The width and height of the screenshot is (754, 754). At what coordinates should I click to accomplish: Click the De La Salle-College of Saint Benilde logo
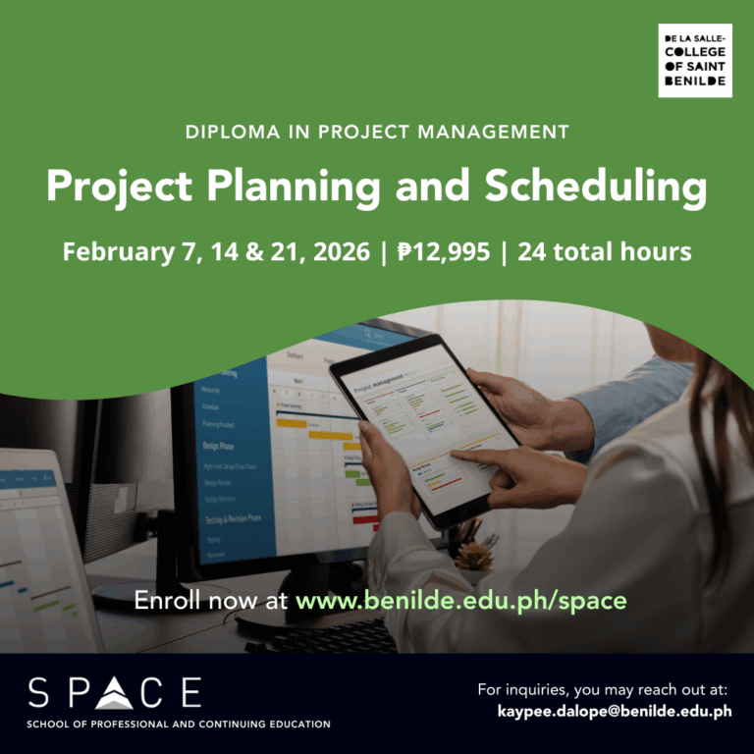[694, 62]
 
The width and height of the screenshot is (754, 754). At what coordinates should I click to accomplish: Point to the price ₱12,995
[444, 252]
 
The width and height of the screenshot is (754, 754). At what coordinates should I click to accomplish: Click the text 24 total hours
[604, 252]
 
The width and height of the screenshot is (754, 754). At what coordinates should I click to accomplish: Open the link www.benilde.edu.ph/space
[460, 600]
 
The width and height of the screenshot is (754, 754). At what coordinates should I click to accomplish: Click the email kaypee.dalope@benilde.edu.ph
[615, 711]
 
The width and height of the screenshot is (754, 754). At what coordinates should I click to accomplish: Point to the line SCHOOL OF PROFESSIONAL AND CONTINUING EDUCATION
[179, 725]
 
